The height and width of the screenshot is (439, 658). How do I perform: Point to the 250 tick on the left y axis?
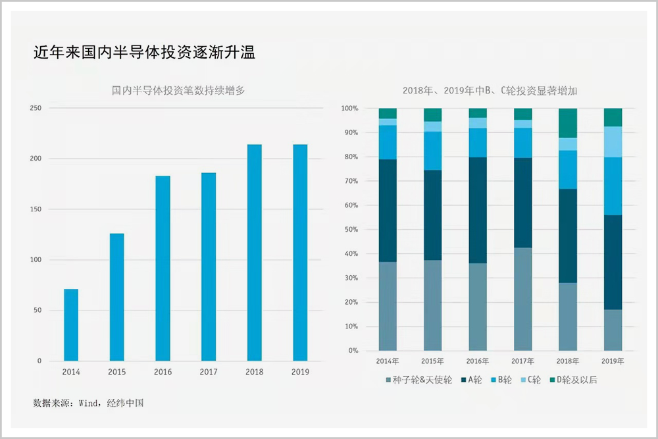point(36,108)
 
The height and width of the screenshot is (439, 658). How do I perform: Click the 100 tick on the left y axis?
point(36,260)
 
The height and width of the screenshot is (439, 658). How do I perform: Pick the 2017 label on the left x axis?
point(209,373)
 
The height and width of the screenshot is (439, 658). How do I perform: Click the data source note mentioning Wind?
point(88,402)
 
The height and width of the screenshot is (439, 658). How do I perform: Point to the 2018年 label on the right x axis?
point(568,361)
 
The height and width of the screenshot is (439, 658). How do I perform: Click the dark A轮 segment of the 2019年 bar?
point(613,262)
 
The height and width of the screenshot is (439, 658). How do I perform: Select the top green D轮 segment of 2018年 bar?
point(568,122)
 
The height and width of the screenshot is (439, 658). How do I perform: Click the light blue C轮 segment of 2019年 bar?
point(613,142)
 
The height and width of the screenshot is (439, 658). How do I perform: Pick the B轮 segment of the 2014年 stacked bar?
point(388,142)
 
